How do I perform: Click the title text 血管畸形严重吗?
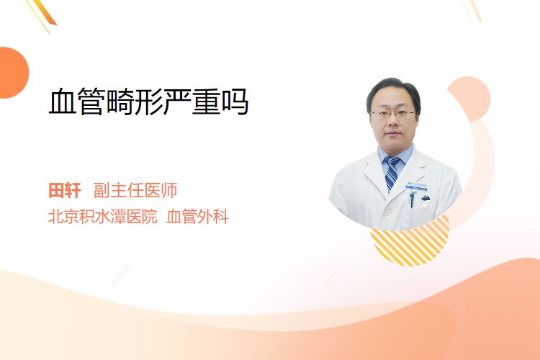pos(148,102)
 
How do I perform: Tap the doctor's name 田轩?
pos(65,191)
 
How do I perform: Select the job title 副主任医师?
pos(135,191)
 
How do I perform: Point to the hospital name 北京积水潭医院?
pos(103,217)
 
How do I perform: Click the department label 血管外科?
pos(197,217)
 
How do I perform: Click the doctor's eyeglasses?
pos(392,114)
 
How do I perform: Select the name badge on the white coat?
pos(416,186)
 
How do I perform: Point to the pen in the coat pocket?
pos(412,200)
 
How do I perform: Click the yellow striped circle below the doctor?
pos(410,242)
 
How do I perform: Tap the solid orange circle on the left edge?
pos(13,73)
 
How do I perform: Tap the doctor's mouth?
pos(392,133)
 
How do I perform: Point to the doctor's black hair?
pos(393,91)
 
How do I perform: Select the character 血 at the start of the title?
pos(63,102)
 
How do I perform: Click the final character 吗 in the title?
pos(235,102)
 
